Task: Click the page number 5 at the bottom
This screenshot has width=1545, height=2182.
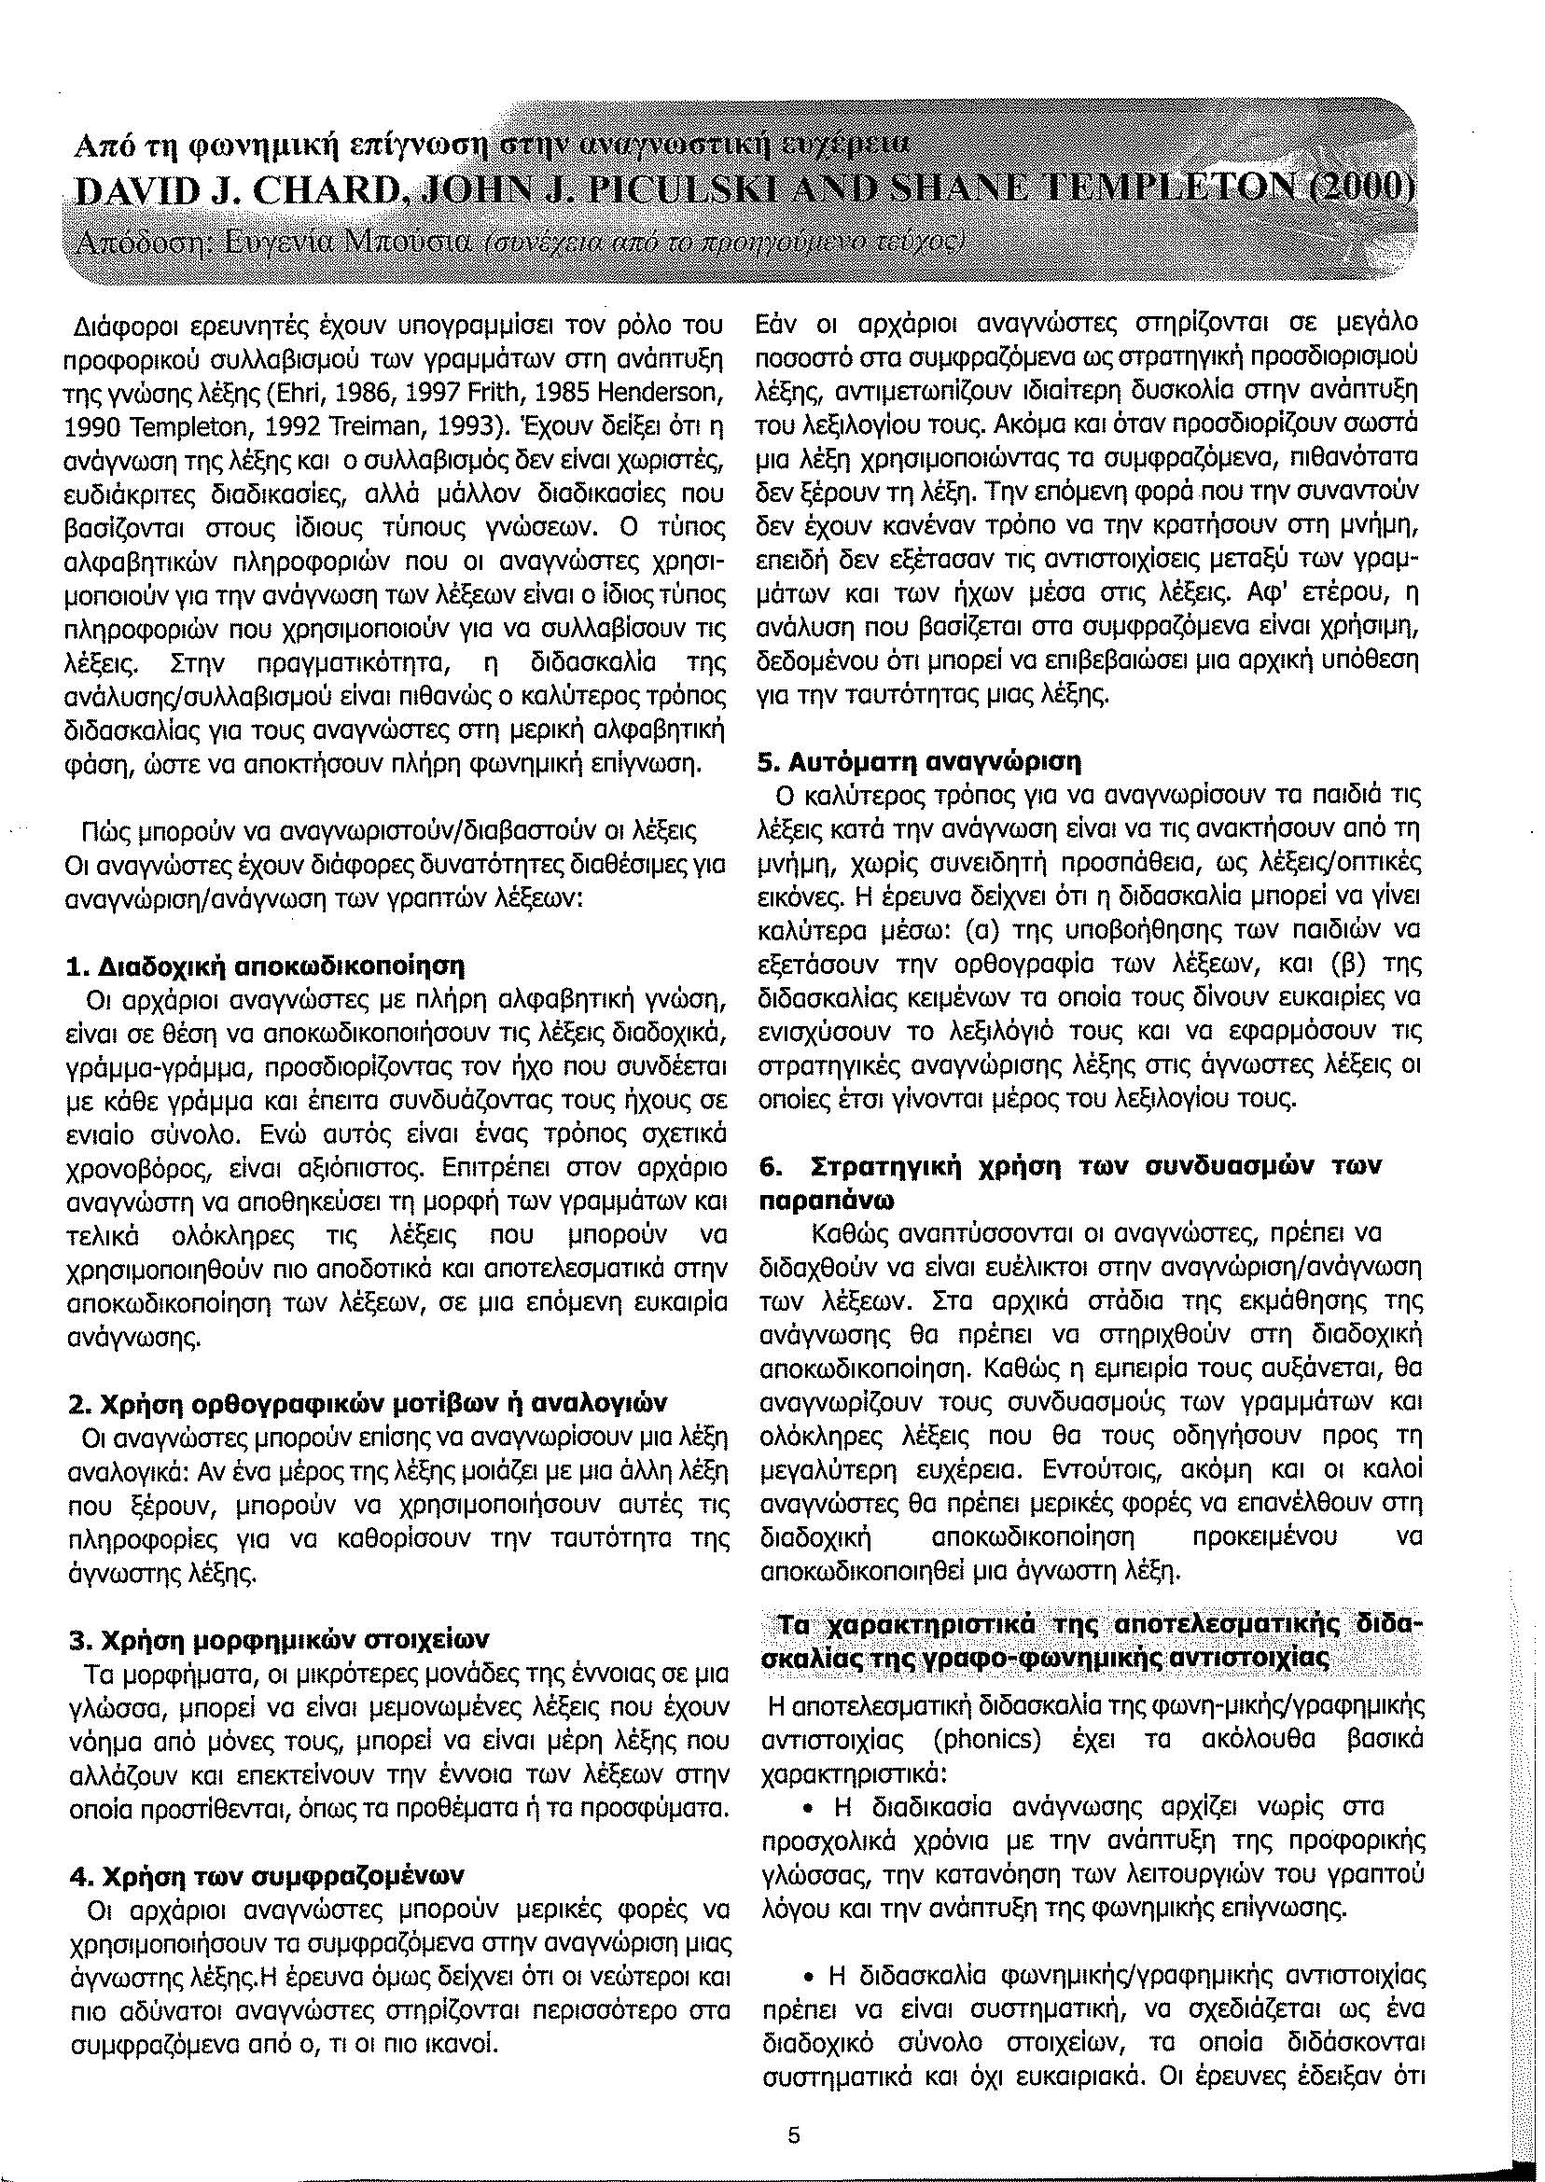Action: coord(794,2108)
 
